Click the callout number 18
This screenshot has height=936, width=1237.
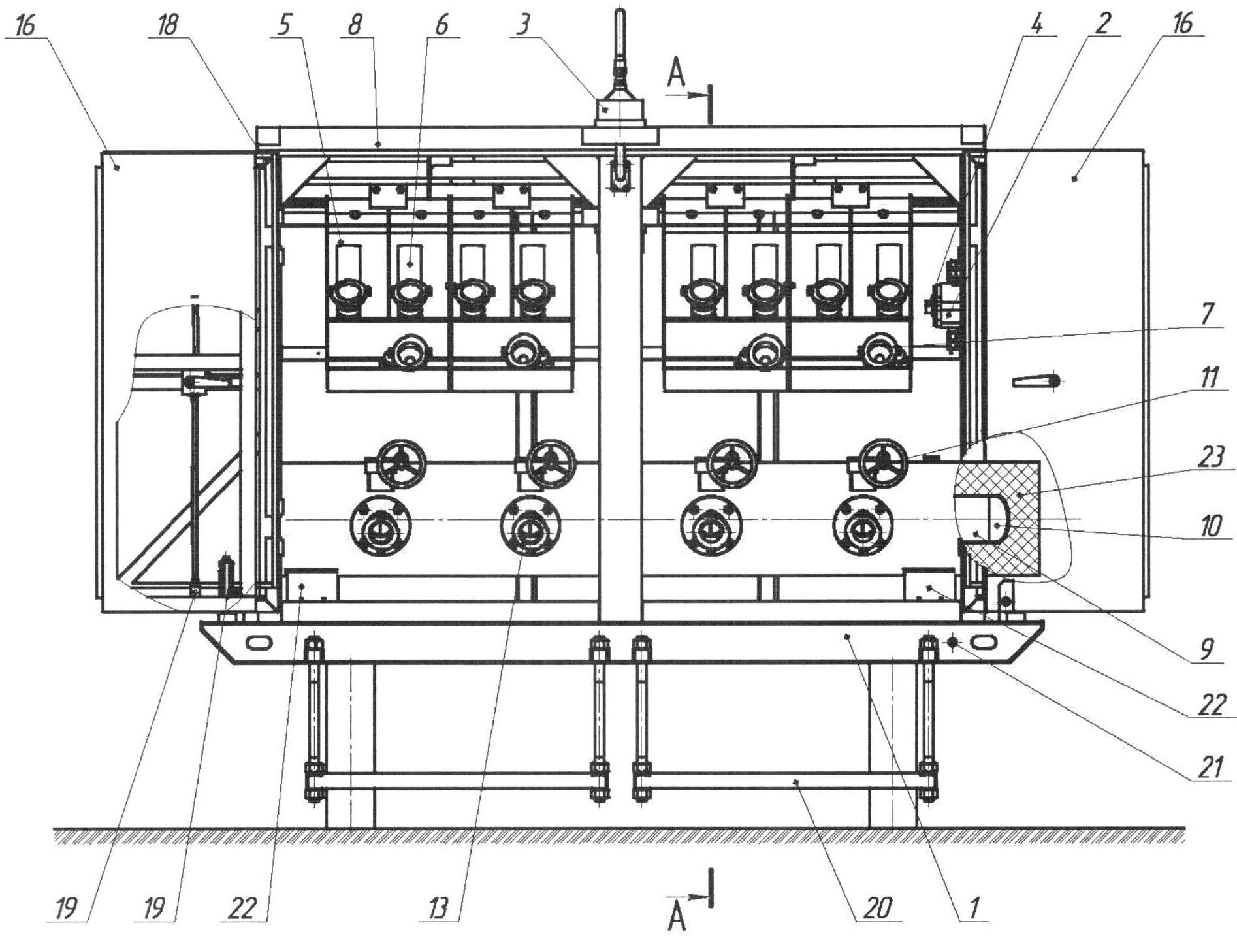(169, 26)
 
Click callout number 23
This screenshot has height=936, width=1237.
(1209, 457)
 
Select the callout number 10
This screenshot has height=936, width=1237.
(1210, 525)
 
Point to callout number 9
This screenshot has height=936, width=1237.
(1206, 649)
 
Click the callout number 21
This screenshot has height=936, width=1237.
(1210, 768)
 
